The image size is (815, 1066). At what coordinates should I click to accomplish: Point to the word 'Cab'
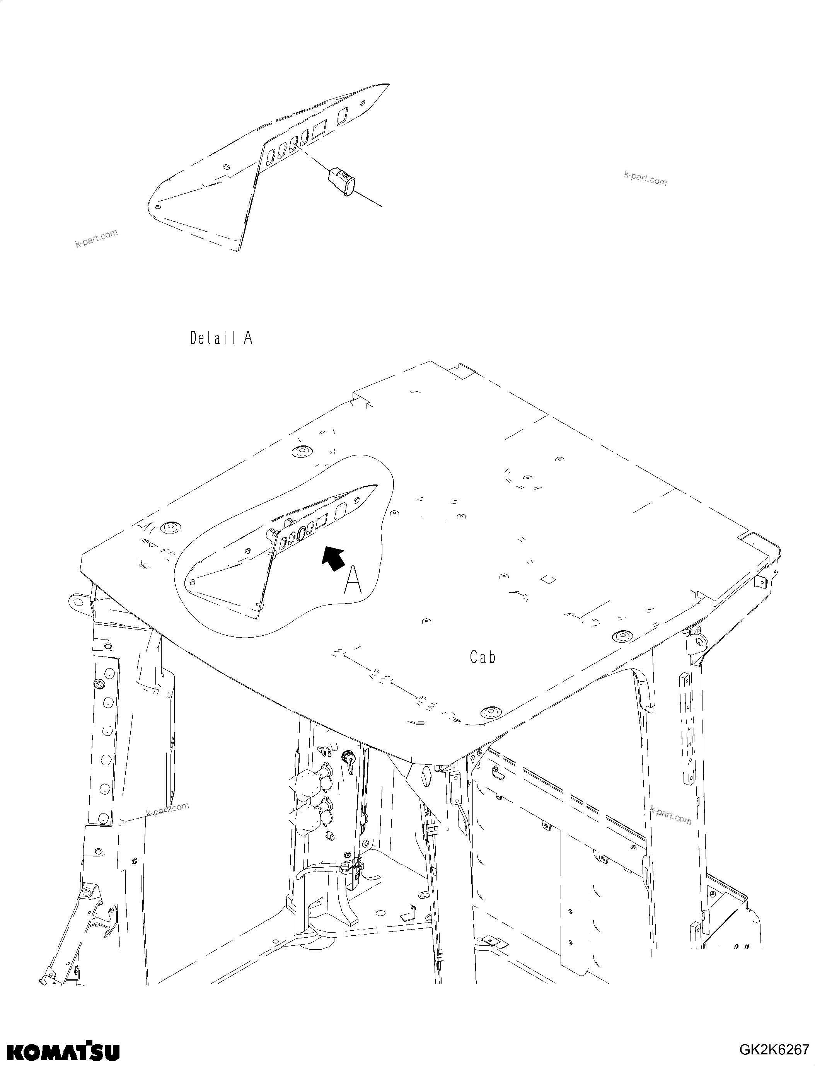click(483, 657)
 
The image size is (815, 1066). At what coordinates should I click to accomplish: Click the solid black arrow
click(334, 558)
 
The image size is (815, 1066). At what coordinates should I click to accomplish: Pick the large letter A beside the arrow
click(353, 581)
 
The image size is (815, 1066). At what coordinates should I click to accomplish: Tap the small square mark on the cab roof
click(548, 579)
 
